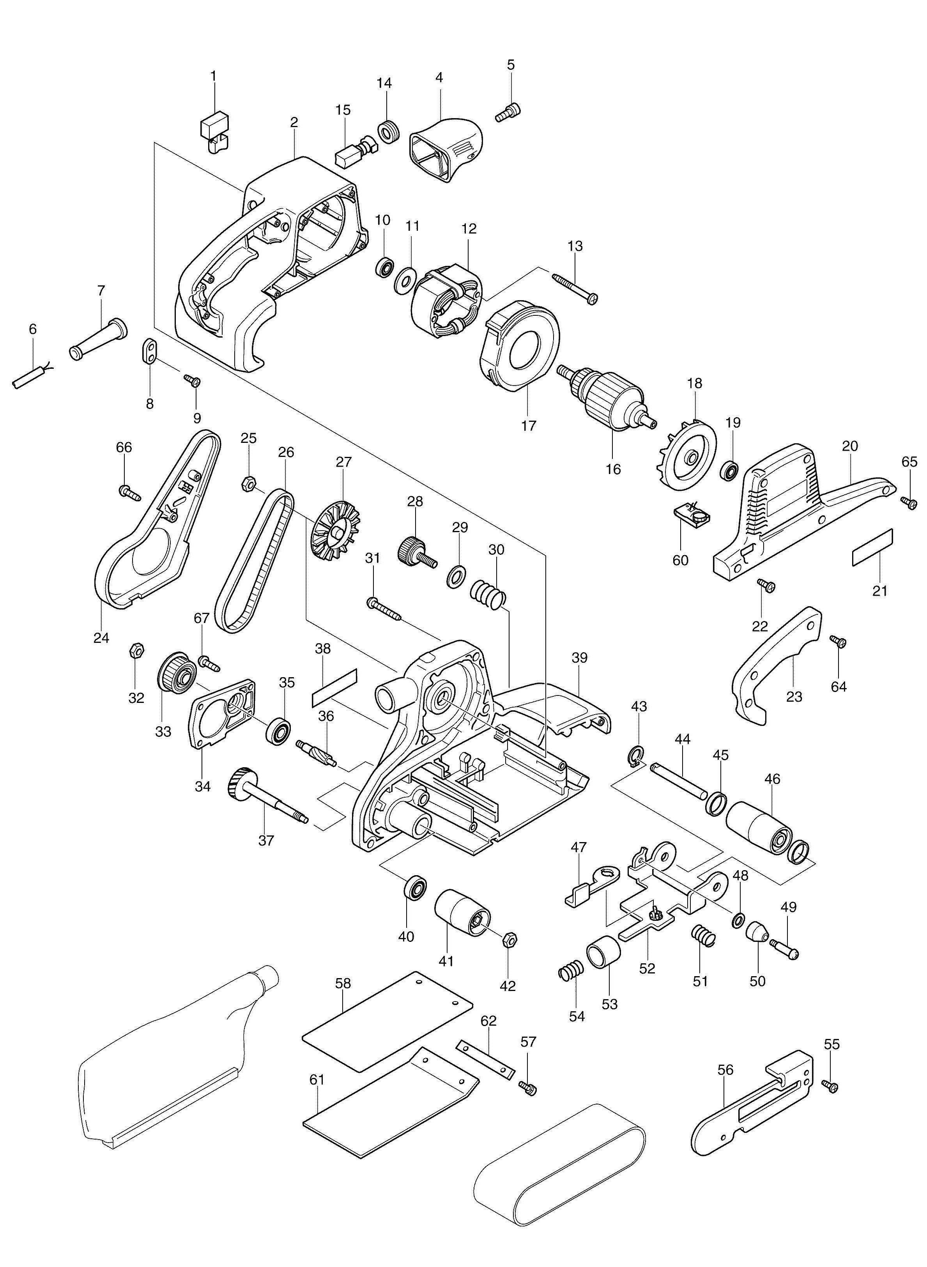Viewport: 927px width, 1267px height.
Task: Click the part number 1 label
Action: point(213,76)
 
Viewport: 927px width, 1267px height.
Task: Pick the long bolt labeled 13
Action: point(575,287)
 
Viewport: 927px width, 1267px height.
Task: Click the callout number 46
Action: point(772,779)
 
